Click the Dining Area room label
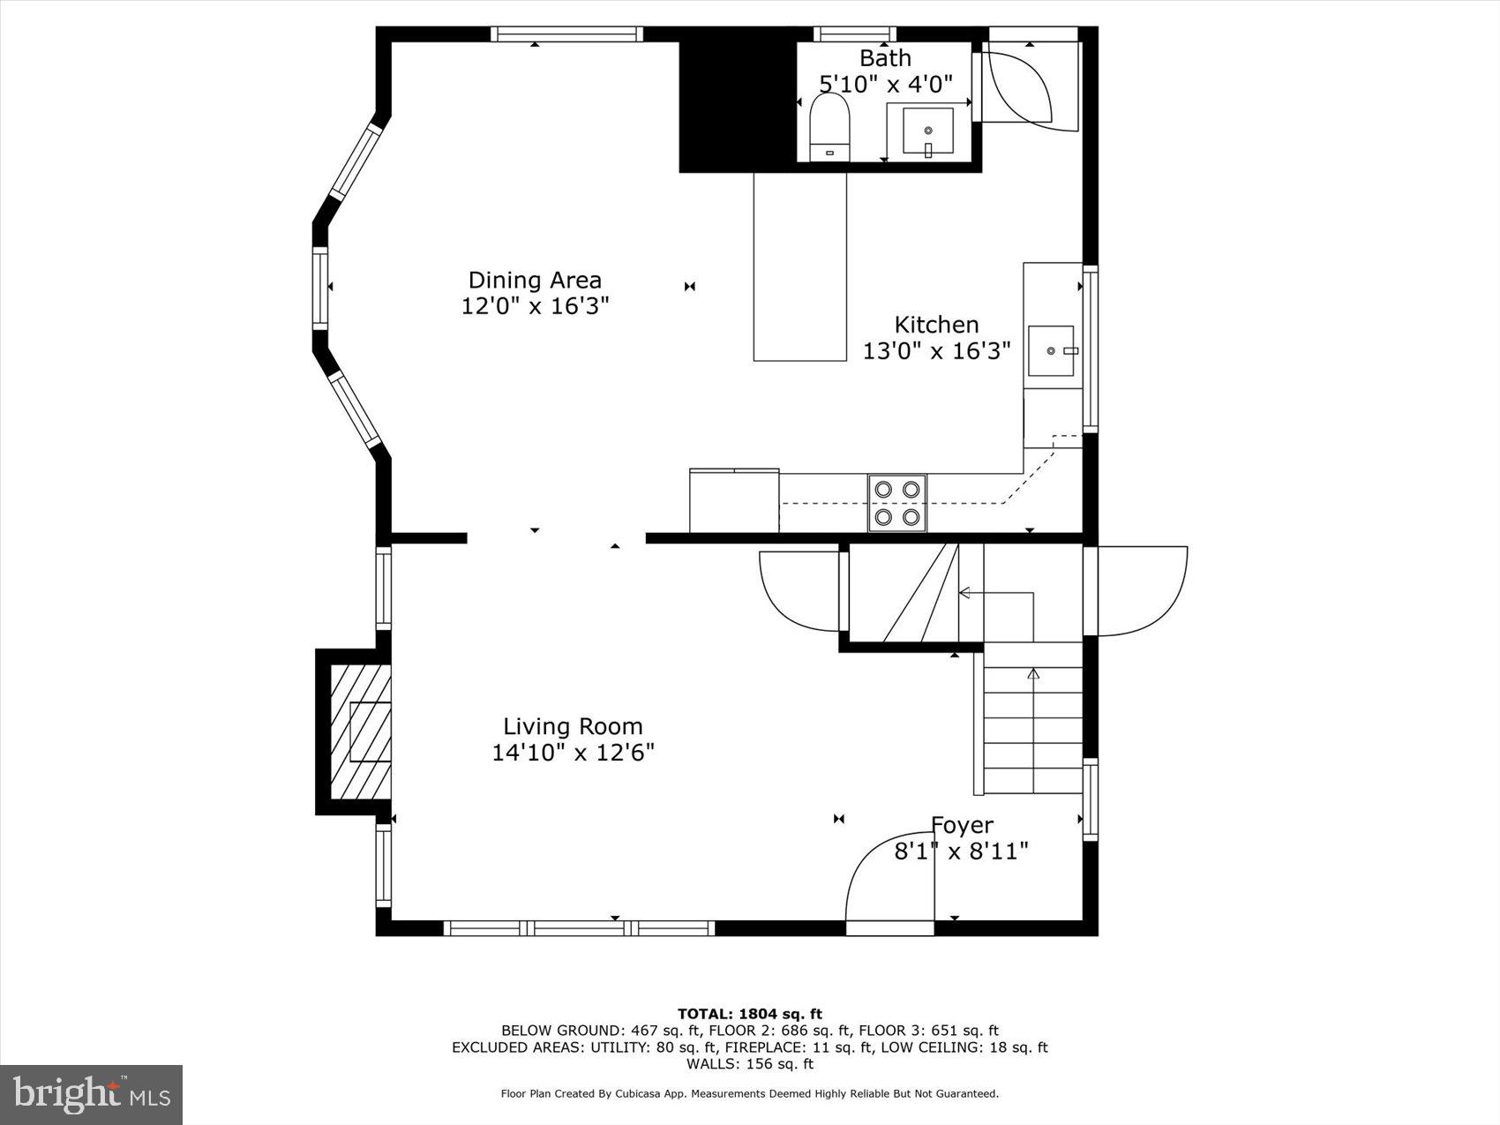click(x=535, y=281)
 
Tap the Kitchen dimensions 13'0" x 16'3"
click(x=936, y=351)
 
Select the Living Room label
click(x=573, y=726)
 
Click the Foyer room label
click(x=962, y=825)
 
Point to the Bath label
click(x=885, y=58)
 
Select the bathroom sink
click(x=927, y=131)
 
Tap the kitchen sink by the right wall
click(x=1053, y=350)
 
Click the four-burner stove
click(x=897, y=503)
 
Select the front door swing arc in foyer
click(x=887, y=874)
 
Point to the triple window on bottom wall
click(x=579, y=928)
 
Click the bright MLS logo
click(x=92, y=1095)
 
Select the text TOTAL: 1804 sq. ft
click(x=749, y=1014)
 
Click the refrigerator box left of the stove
click(x=733, y=501)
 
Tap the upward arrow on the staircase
click(x=1033, y=675)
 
